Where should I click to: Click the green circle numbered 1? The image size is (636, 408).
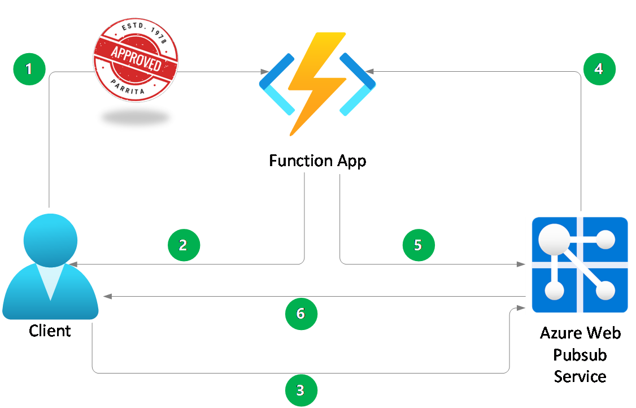tap(29, 69)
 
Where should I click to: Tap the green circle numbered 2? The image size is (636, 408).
tap(184, 245)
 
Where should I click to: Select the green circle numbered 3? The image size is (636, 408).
tap(300, 390)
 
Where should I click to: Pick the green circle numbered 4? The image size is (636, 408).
tap(599, 69)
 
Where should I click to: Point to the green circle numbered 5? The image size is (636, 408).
tap(418, 245)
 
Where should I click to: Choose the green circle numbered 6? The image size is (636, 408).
tap(300, 313)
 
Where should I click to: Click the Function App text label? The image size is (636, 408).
tap(317, 160)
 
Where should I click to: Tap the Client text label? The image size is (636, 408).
tap(50, 331)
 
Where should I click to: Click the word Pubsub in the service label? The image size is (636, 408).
tap(580, 355)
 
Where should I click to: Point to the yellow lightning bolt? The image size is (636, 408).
tap(316, 82)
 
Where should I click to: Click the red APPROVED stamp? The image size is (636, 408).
tap(136, 59)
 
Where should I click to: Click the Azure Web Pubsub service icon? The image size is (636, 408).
tap(580, 264)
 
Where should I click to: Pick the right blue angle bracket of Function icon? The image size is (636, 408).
tap(358, 85)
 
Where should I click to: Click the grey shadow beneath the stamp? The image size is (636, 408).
tap(136, 117)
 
